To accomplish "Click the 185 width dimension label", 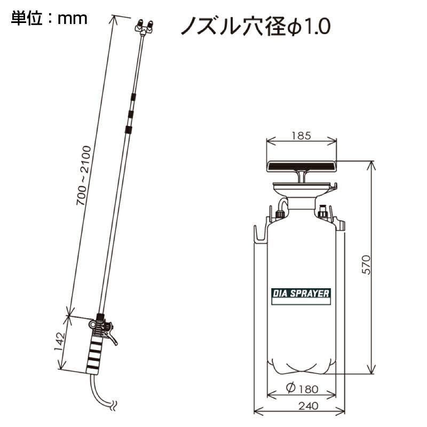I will (302, 136).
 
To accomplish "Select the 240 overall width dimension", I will (302, 406).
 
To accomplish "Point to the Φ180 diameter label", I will (302, 389).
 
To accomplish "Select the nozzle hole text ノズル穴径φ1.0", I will (255, 25).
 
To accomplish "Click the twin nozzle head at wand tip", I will (144, 27).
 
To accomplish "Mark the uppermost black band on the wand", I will (133, 97).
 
